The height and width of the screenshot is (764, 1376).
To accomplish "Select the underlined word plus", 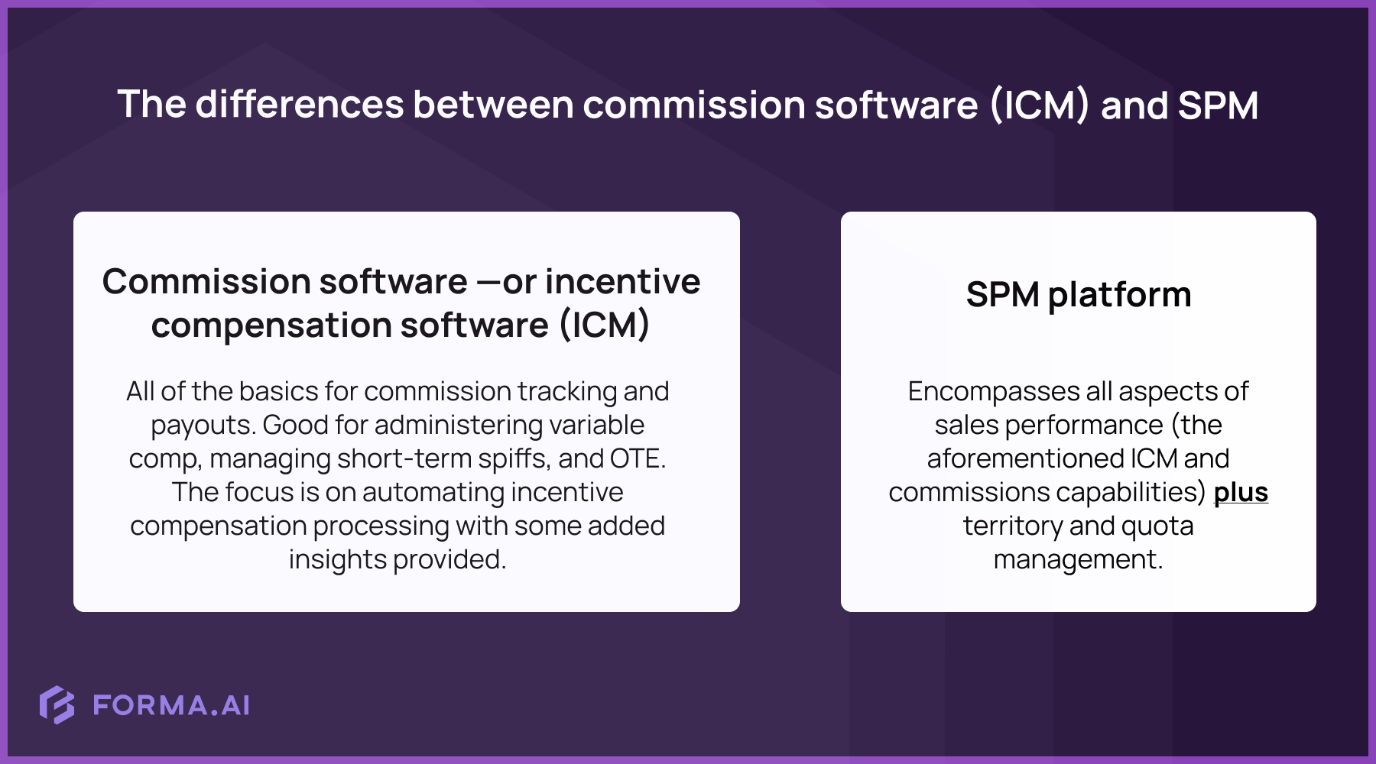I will point(1241,492).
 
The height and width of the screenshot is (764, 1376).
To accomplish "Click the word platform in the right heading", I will point(1119,295).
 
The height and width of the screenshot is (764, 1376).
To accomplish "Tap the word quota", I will point(1157,526).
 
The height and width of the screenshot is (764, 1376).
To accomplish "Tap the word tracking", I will point(566,391).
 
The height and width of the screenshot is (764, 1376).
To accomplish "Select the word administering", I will point(459,425).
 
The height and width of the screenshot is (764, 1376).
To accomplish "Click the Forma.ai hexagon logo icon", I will point(57,704).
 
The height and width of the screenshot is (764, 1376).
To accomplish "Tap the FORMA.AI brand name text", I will point(171,705).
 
